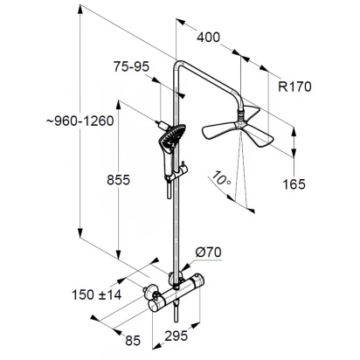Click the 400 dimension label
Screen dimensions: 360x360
208,38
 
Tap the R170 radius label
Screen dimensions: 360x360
294,87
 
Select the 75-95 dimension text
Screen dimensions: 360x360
131,66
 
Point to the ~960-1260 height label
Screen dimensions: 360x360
80,121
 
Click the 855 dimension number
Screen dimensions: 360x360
118,180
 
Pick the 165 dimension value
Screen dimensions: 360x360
294,184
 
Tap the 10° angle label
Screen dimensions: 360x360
221,178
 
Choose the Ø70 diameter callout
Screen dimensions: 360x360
208,253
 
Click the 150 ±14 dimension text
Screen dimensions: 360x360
96,294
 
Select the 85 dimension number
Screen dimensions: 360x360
133,340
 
